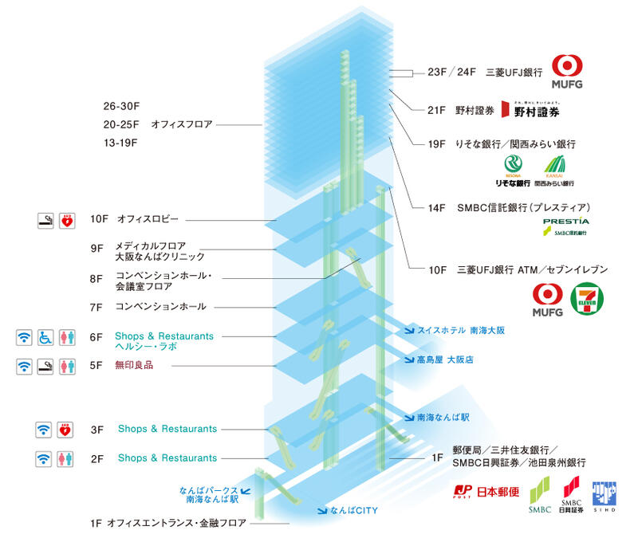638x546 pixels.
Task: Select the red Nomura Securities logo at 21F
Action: pyautogui.click(x=504, y=112)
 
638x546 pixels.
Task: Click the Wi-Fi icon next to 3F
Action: pyautogui.click(x=45, y=430)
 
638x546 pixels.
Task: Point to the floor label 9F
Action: pyautogui.click(x=97, y=248)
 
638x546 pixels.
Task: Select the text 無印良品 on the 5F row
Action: pyautogui.click(x=133, y=365)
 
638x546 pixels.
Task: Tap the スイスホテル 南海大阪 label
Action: pyautogui.click(x=467, y=329)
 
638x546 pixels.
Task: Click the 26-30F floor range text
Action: pyautogui.click(x=121, y=105)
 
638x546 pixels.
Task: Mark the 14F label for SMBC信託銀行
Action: pyautogui.click(x=435, y=207)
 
